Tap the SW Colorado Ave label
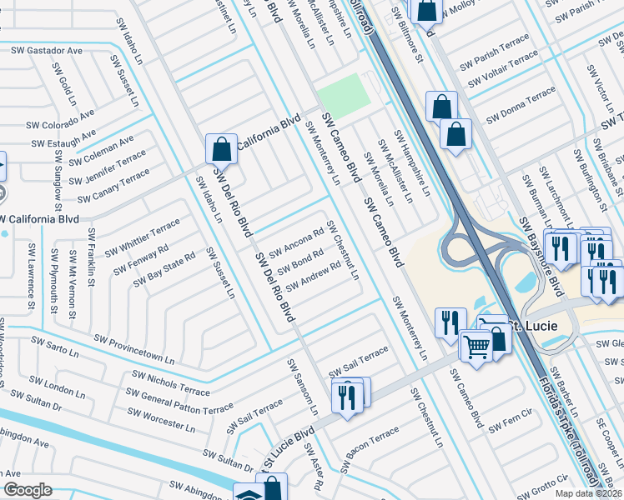click(56, 125)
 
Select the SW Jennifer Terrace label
click(108, 169)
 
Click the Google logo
click(28, 489)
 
